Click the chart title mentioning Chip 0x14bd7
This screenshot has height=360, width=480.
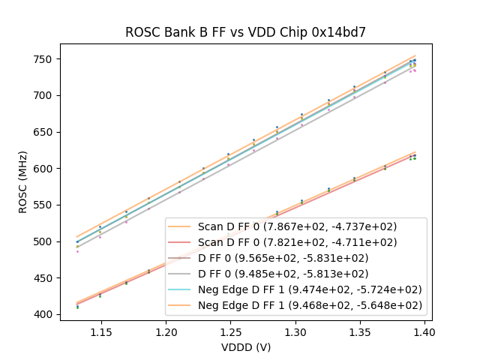pyautogui.click(x=246, y=31)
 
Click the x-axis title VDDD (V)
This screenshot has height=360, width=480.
pyautogui.click(x=246, y=347)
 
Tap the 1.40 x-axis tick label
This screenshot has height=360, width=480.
pyautogui.click(x=424, y=331)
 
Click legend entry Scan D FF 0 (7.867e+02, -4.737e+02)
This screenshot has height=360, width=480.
pyautogui.click(x=297, y=226)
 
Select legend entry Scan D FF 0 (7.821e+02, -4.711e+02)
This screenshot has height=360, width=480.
pyautogui.click(x=297, y=242)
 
